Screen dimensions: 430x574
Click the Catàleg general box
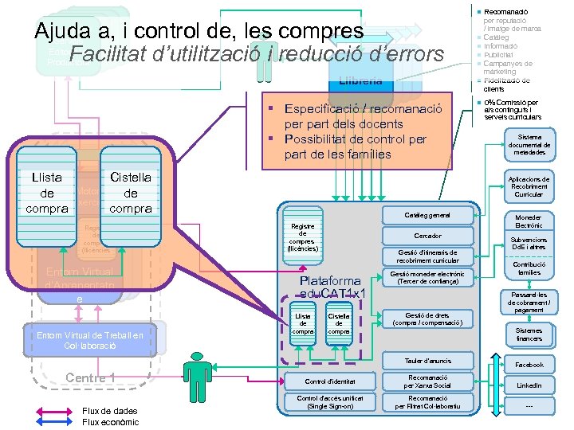[427, 216]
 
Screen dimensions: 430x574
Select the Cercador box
[427, 236]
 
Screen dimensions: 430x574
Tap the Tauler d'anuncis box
[427, 361]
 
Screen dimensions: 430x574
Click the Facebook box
[529, 365]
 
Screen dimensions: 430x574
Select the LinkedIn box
[529, 385]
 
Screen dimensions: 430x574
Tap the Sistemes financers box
[529, 334]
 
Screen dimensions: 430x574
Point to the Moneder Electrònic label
[529, 221]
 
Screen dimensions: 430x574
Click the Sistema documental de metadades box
[529, 145]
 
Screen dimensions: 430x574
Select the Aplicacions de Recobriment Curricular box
[529, 186]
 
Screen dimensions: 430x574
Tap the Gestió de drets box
[427, 319]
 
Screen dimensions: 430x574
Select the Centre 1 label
[90, 377]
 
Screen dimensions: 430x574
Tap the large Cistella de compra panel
[131, 193]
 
